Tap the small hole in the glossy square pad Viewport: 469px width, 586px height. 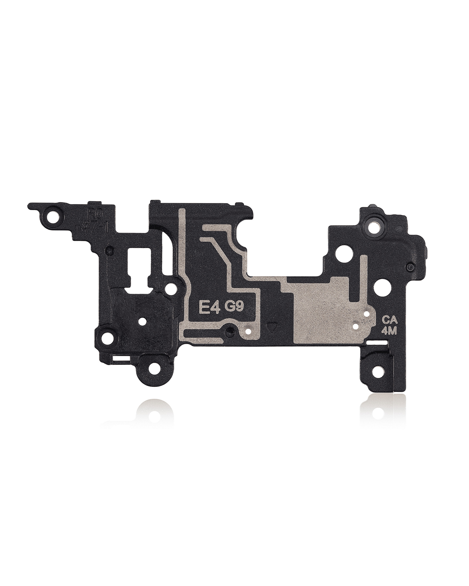[x=142, y=322]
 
